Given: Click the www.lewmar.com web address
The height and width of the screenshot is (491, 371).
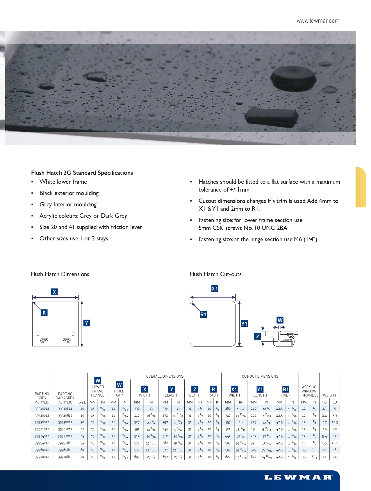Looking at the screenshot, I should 318,21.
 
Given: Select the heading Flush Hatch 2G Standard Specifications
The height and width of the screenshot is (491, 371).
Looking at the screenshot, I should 82,173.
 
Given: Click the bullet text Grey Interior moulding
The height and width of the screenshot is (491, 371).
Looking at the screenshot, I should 68,204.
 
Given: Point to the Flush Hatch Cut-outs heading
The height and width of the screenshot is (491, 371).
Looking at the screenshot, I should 215,274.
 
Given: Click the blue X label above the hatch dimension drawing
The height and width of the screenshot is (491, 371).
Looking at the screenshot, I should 54,292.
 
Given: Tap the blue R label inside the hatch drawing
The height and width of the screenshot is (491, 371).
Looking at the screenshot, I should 44,313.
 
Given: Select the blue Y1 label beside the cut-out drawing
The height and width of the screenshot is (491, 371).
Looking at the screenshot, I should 244,324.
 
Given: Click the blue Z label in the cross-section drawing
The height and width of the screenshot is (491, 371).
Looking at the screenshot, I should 257,337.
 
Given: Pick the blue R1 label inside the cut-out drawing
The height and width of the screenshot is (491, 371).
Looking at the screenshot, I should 203,314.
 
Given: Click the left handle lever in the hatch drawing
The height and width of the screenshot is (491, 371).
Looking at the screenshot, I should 44,340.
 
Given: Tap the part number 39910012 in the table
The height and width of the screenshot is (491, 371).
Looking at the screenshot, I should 42,409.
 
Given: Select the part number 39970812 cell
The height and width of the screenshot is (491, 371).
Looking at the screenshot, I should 65,457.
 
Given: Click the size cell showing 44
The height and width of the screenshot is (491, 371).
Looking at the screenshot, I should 82,436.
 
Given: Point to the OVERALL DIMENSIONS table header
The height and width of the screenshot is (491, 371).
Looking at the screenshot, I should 165,376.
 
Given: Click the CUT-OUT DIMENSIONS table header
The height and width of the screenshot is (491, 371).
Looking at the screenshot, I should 260,376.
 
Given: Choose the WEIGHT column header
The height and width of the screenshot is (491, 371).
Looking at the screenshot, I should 329,395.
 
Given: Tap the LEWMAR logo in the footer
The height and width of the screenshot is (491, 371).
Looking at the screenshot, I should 298,477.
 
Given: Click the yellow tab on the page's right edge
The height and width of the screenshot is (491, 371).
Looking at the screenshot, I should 361,187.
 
